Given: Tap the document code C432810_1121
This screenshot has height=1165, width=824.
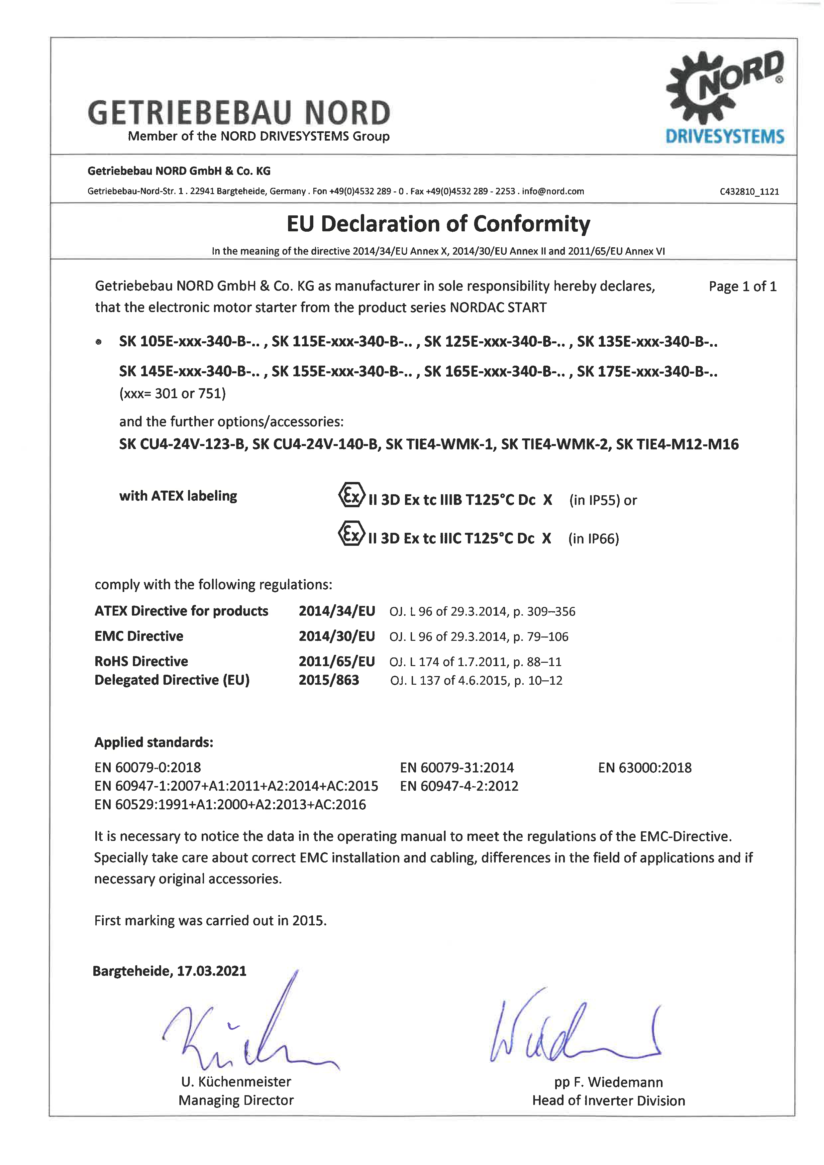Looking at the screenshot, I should (749, 192).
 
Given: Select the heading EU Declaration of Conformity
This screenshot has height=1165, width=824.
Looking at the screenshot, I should (438, 224).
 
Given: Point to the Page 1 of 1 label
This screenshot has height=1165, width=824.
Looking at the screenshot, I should (742, 287).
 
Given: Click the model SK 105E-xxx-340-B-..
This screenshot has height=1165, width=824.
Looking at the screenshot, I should (190, 342).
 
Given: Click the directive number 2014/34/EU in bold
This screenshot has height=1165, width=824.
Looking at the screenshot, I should (337, 611).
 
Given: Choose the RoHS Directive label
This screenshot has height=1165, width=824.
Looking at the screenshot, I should (141, 661).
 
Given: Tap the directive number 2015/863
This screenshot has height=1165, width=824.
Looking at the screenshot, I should (329, 680).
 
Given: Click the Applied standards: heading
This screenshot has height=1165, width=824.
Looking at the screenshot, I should (154, 743).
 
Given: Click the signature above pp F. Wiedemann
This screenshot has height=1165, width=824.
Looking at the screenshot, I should (573, 1036).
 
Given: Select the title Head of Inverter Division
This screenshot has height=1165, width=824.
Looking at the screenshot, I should (608, 1101).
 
